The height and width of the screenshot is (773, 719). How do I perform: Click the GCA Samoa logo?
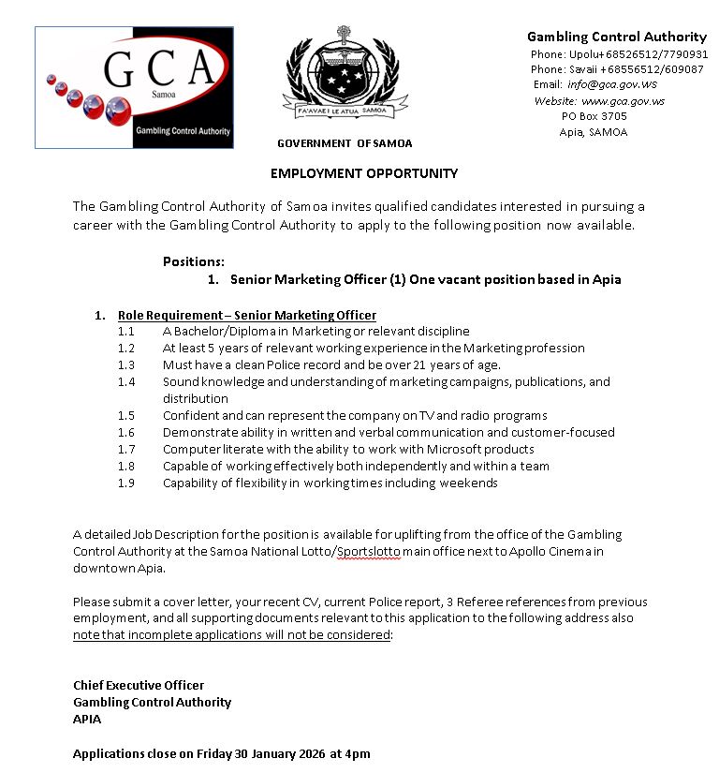pyautogui.click(x=134, y=86)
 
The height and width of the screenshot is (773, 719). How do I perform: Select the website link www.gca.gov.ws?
pyautogui.click(x=623, y=100)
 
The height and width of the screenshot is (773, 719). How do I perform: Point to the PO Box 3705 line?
pyautogui.click(x=594, y=116)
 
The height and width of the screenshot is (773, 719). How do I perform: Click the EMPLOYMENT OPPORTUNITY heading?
pyautogui.click(x=364, y=173)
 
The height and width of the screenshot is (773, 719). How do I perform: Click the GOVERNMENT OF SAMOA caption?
pyautogui.click(x=345, y=143)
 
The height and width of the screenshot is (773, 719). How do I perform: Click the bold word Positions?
pyautogui.click(x=194, y=261)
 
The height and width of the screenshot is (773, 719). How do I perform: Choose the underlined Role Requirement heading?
pyautogui.click(x=247, y=315)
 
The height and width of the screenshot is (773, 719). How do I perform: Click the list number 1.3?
pyautogui.click(x=126, y=364)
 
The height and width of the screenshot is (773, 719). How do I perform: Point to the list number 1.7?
pyautogui.click(x=126, y=449)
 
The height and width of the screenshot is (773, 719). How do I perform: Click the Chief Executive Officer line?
pyautogui.click(x=139, y=685)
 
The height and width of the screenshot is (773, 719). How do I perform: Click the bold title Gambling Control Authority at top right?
pyautogui.click(x=616, y=37)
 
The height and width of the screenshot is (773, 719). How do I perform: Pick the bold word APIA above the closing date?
pyautogui.click(x=87, y=719)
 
